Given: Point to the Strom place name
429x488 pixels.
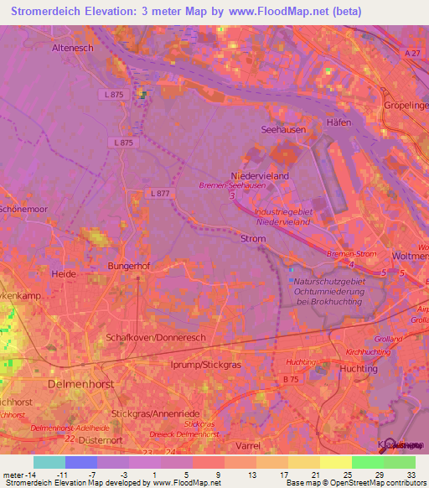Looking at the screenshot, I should pos(253,239).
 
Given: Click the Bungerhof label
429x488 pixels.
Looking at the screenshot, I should pos(128,267).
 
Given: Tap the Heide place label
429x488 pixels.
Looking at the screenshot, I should pos(65,273).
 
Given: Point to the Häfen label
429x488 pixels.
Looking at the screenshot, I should pos(339,122).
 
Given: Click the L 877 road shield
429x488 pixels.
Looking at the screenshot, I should pos(159,193).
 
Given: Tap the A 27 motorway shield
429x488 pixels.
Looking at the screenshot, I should pos(412,53).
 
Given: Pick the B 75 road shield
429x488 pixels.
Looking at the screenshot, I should pos(291,381).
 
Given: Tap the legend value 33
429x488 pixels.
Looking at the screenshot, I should pos(411,475).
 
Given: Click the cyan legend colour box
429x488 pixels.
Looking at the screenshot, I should pos(49,462).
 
